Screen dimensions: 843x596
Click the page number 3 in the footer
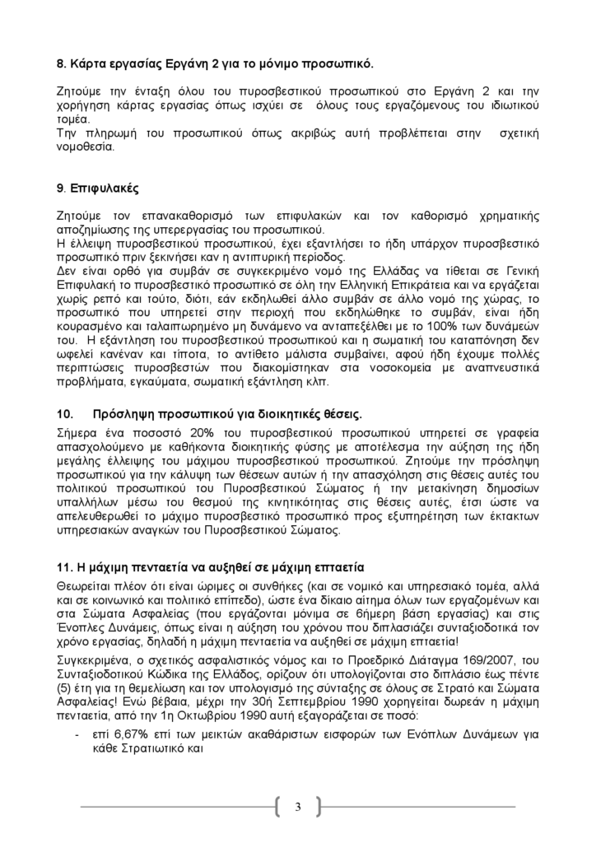pyautogui.click(x=298, y=806)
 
